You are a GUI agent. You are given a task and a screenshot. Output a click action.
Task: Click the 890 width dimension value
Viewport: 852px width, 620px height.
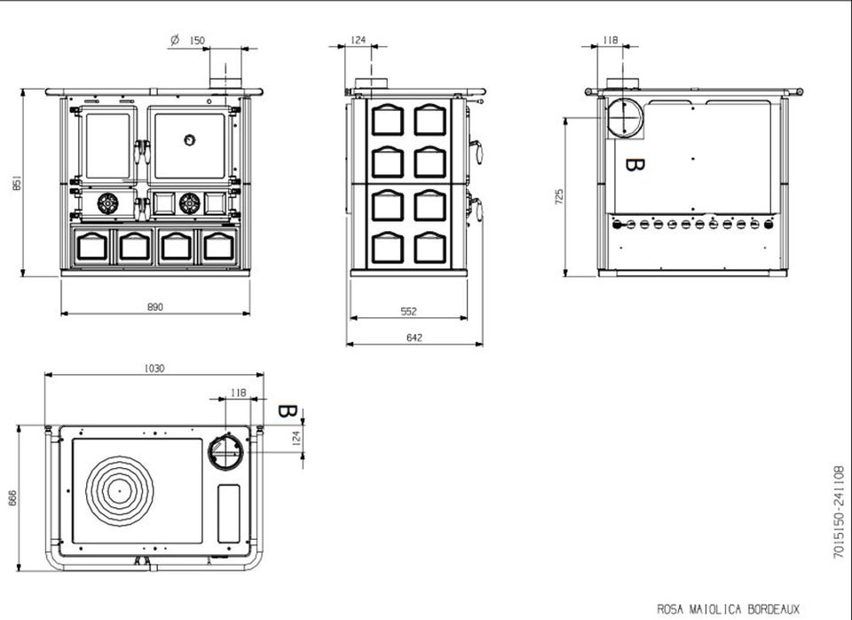[x=155, y=307]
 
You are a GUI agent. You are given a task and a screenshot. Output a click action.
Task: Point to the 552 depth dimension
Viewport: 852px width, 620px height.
[x=408, y=312]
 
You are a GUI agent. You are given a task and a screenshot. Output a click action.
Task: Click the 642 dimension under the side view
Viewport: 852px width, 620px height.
[x=414, y=338]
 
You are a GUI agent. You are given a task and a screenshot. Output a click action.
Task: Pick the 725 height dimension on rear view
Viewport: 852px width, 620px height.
[x=559, y=195]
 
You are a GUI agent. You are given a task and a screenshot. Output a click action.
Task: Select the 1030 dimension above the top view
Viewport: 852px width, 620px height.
[x=154, y=368]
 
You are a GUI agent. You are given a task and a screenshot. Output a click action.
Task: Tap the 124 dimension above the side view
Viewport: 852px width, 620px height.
[x=359, y=40]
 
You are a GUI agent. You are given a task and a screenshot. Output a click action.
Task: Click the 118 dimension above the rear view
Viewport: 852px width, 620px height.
[x=610, y=40]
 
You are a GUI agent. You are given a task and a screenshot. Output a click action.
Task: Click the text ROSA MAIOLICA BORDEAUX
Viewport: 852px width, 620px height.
[x=728, y=609]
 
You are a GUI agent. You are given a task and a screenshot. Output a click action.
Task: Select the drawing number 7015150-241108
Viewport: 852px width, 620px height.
[x=837, y=511]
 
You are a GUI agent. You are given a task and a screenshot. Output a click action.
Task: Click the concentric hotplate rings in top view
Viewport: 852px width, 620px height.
[x=117, y=487]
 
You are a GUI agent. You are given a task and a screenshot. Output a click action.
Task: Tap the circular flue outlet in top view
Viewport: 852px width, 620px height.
[x=225, y=451]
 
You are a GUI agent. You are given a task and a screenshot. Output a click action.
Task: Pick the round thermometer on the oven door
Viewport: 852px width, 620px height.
[x=190, y=139]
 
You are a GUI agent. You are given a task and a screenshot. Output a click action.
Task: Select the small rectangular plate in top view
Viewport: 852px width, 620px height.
[x=229, y=513]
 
